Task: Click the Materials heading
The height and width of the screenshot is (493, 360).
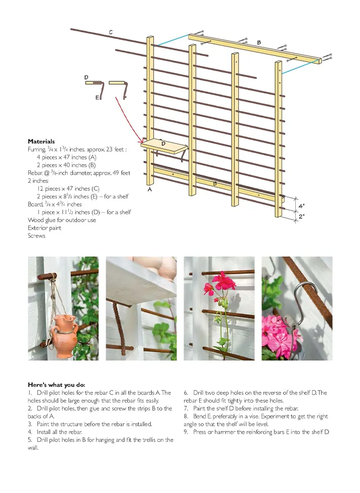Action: pos(41,141)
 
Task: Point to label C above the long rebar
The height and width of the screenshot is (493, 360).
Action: pos(111,32)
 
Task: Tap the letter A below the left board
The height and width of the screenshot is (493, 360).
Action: pos(150,190)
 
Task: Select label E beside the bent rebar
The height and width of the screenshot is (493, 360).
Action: pos(97,97)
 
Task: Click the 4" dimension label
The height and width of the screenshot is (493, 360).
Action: pos(302,206)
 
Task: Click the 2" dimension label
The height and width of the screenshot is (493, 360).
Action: pos(302,216)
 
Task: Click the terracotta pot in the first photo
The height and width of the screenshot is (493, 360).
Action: pos(65,333)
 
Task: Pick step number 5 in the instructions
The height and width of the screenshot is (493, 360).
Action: pos(30,440)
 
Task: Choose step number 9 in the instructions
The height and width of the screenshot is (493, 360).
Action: pos(186,432)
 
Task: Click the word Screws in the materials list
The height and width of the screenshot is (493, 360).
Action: pos(36,236)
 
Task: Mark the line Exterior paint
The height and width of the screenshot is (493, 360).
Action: pos(44,228)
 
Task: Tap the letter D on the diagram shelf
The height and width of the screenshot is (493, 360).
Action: pos(163,144)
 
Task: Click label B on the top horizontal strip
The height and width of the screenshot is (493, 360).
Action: pos(259,43)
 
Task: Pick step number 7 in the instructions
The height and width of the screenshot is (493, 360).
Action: pos(186,408)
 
